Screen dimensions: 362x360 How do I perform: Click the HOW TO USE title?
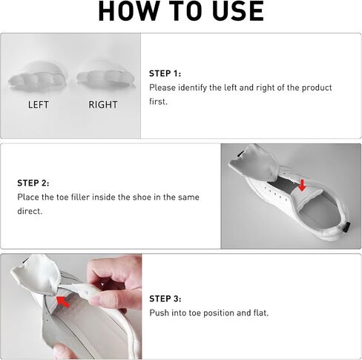pyautogui.click(x=181, y=11)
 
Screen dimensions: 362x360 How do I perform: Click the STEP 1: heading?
pyautogui.click(x=165, y=73)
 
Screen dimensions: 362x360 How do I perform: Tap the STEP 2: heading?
pyautogui.click(x=33, y=183)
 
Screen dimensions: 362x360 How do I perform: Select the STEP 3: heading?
pyautogui.click(x=165, y=298)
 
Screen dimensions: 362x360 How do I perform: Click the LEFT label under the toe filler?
pyautogui.click(x=39, y=105)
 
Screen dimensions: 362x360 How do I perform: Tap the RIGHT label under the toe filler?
pyautogui.click(x=103, y=105)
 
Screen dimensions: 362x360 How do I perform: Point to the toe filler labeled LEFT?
pyautogui.click(x=38, y=76)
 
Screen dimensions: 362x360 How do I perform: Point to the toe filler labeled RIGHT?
pyautogui.click(x=106, y=74)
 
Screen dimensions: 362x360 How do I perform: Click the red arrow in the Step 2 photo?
pyautogui.click(x=302, y=185)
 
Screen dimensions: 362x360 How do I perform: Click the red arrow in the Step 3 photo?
pyautogui.click(x=63, y=302)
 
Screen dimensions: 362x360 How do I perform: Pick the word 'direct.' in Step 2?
pyautogui.click(x=30, y=211)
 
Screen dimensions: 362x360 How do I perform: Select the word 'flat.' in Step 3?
pyautogui.click(x=261, y=313)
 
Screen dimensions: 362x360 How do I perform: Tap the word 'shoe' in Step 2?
pyautogui.click(x=142, y=197)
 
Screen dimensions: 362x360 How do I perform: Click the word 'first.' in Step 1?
pyautogui.click(x=158, y=102)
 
